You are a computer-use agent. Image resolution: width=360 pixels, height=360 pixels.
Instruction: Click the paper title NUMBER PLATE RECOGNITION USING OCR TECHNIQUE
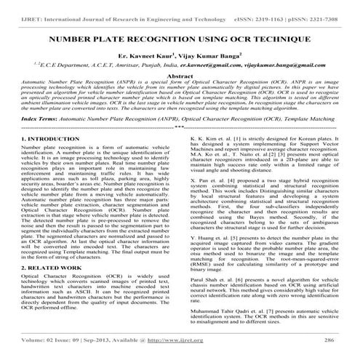click(180, 36)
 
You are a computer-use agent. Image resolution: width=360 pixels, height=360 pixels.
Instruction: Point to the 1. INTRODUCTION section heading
click(34, 137)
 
